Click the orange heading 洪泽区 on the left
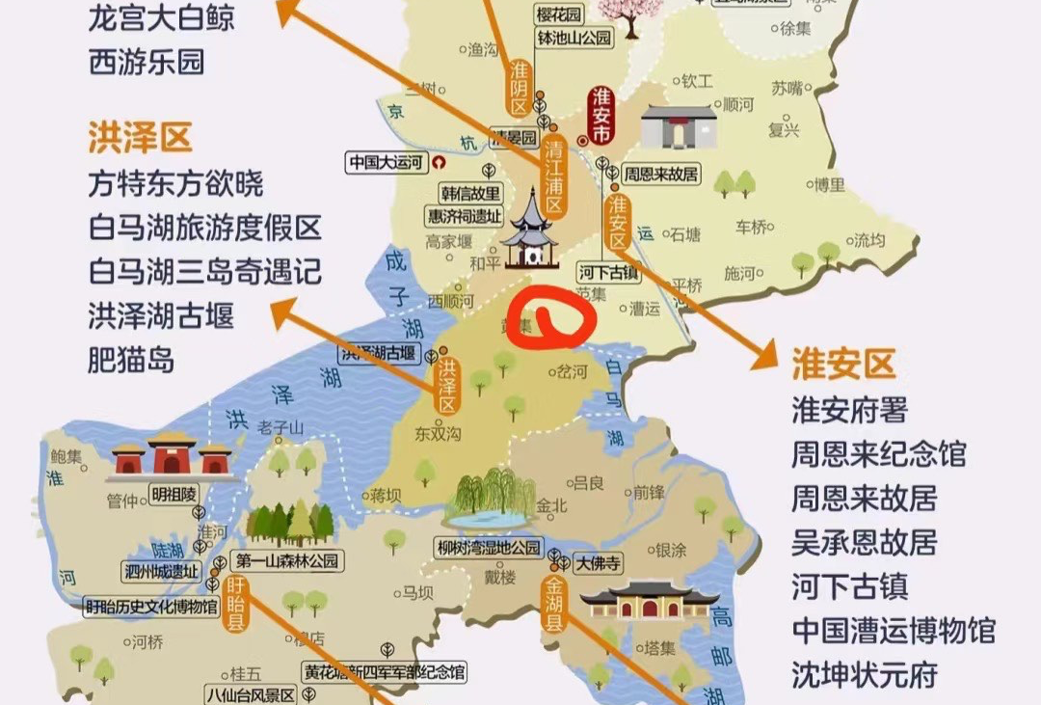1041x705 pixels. tap(140, 138)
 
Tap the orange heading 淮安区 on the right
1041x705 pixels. tap(843, 365)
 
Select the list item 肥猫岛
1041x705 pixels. tap(132, 360)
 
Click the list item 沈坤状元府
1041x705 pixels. tap(865, 674)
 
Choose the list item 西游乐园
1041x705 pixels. tap(147, 63)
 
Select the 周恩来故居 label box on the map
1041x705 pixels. tap(660, 175)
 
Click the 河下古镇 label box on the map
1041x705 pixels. tap(609, 272)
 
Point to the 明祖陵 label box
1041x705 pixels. tap(173, 495)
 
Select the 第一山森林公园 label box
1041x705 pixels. tap(287, 560)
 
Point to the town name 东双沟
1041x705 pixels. tap(438, 434)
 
